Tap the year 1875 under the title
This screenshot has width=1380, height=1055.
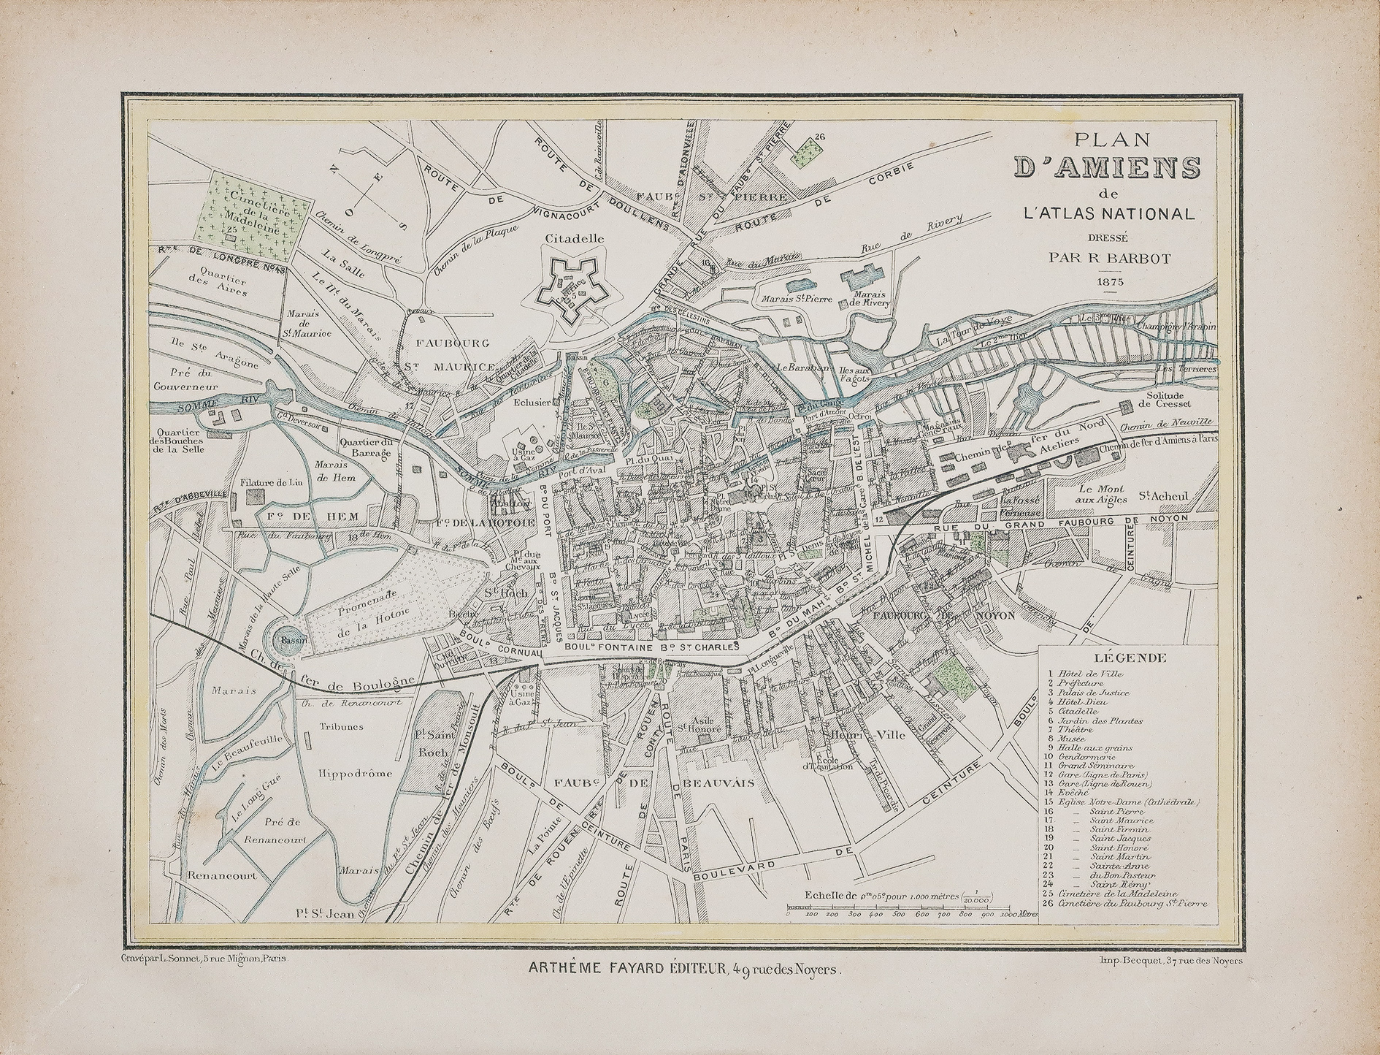[1109, 281]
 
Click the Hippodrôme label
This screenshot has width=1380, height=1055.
[356, 772]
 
